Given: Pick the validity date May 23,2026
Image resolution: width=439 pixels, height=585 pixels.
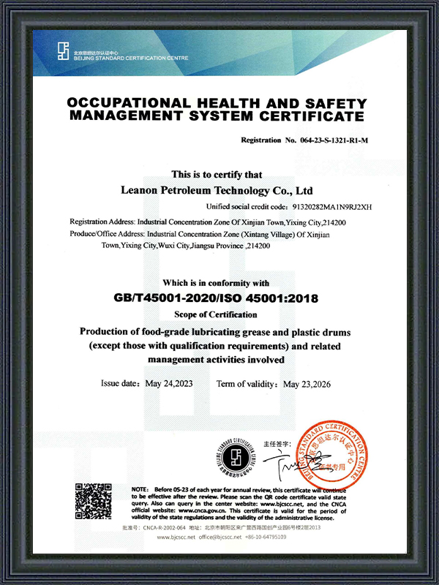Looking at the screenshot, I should tap(309, 384).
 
